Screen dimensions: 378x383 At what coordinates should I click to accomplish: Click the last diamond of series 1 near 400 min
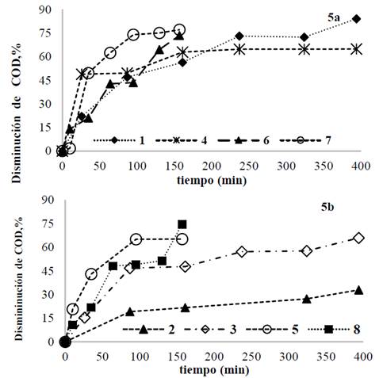tap(357, 18)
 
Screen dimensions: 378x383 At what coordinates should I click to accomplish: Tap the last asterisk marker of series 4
tap(357, 49)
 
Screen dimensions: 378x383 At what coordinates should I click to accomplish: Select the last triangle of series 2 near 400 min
tap(358, 290)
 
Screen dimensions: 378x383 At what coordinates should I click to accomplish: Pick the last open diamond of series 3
tap(358, 238)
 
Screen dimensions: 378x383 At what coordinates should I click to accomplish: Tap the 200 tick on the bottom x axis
tap(211, 357)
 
